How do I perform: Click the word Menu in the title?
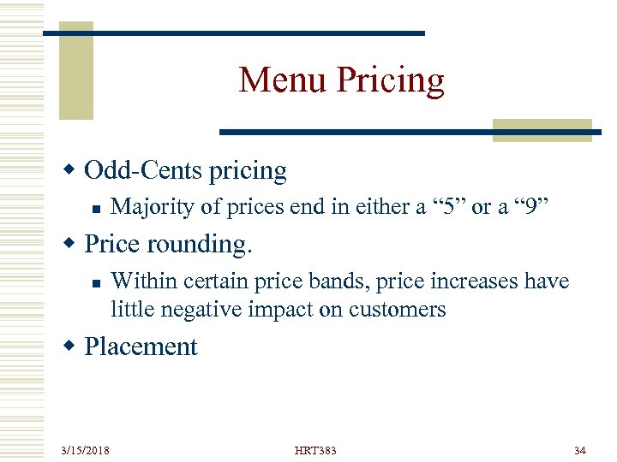pos(283,80)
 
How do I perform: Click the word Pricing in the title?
pos(391,81)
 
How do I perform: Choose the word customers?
pos(394,309)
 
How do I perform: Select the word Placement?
pos(141,346)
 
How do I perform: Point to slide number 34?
pos(578,450)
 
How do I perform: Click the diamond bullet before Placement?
pos(73,346)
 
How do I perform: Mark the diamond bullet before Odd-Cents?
pos(73,171)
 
